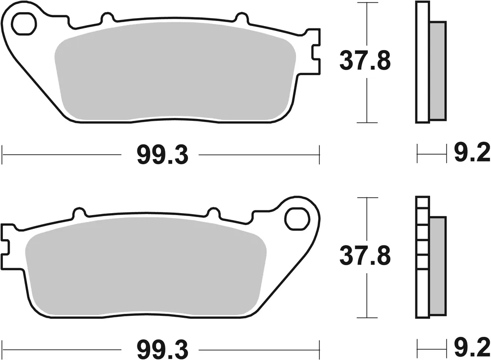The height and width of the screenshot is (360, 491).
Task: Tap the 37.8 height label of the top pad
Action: (x=364, y=62)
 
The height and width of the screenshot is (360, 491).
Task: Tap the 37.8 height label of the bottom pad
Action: (x=364, y=257)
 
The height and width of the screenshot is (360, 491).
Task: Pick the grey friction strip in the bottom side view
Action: (x=438, y=265)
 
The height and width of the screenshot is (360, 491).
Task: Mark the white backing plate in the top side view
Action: (x=422, y=62)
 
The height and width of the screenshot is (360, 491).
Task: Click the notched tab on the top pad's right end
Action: (x=312, y=52)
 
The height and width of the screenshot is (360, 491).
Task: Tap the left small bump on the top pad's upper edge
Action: (x=105, y=19)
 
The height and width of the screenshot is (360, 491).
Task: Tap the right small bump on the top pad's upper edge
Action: (x=241, y=19)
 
